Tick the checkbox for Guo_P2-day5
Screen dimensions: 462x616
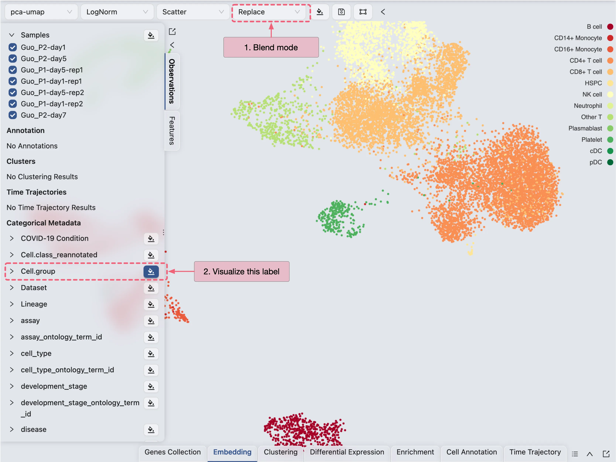13,59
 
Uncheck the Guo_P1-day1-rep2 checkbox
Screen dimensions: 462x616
13,104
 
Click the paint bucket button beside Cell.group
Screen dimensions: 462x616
151,271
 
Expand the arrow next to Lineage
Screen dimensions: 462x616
12,304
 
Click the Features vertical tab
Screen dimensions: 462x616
172,131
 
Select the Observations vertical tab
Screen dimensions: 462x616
172,81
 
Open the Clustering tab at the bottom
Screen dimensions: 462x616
280,452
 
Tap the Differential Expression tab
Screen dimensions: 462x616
347,452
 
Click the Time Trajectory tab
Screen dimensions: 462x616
535,452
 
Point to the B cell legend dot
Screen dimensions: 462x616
610,26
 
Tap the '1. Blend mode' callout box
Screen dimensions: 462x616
271,47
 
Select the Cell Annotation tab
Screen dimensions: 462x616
471,452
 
